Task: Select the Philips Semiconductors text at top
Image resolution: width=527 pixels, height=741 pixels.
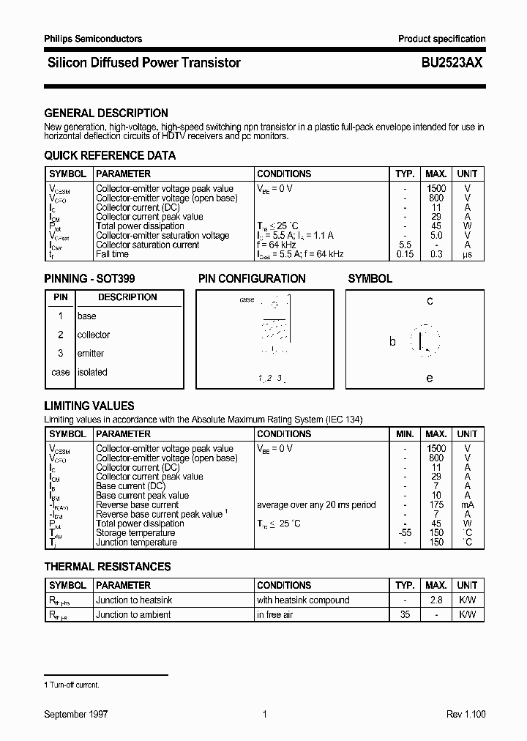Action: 93,39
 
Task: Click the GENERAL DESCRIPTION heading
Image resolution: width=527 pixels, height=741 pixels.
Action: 106,113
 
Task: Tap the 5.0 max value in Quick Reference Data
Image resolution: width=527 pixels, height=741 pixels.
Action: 436,236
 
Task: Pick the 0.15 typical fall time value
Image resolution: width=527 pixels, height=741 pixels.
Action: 404,254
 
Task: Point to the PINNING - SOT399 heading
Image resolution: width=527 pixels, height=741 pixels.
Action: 89,279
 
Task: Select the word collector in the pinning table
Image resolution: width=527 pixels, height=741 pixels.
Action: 94,335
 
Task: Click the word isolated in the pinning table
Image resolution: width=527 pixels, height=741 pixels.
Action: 92,372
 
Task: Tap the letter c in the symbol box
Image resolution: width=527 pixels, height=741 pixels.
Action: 430,301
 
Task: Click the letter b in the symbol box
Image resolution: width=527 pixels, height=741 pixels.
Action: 392,342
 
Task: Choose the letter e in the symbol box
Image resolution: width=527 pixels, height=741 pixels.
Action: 430,378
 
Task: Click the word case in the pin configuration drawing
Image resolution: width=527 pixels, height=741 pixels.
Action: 247,300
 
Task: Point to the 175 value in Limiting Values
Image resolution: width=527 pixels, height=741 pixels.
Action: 436,504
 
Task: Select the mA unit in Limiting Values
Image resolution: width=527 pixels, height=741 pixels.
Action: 467,504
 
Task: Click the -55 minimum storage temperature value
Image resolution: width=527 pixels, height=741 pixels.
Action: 405,533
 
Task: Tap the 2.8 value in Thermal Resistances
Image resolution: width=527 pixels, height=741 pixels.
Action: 436,600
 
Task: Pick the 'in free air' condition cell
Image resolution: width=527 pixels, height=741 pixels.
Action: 275,615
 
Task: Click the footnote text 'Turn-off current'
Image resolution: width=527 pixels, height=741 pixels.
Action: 74,685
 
